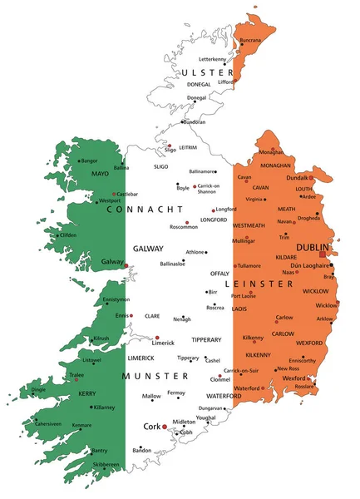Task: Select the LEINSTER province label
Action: pyautogui.click(x=265, y=284)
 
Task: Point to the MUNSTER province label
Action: pyautogui.click(x=151, y=376)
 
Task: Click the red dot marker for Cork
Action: pyautogui.click(x=165, y=427)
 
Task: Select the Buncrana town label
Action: pyautogui.click(x=250, y=39)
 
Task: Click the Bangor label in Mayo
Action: pyautogui.click(x=89, y=160)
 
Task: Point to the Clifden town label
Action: pyautogui.click(x=67, y=235)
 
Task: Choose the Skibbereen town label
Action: pyautogui.click(x=106, y=464)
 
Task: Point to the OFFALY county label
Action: pyautogui.click(x=219, y=273)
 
